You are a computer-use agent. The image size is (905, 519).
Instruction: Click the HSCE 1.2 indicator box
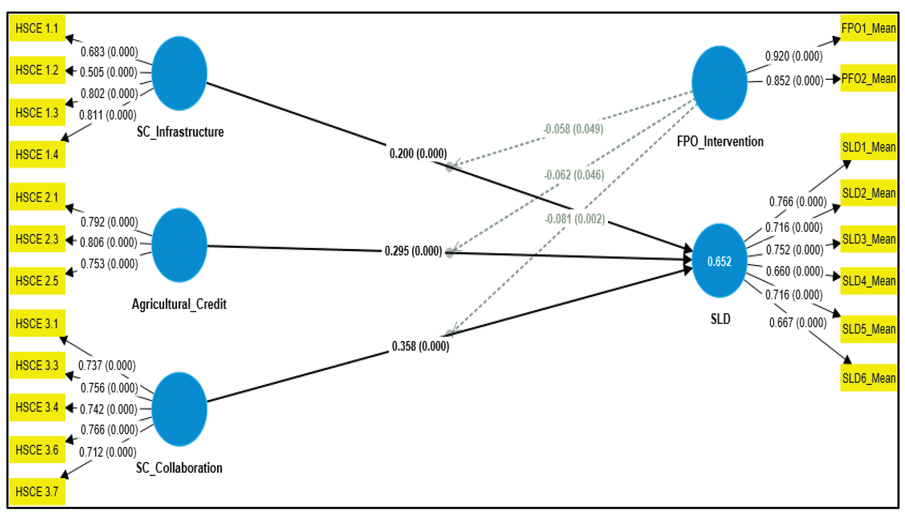click(x=37, y=70)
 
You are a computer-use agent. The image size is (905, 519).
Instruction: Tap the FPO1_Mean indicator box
click(x=868, y=28)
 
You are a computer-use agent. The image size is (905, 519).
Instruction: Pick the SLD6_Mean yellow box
click(x=868, y=378)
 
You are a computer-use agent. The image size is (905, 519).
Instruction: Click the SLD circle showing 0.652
click(x=719, y=261)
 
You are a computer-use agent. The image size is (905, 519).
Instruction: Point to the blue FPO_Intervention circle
click(x=719, y=83)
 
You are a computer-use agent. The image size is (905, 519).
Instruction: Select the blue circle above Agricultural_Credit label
click(x=179, y=245)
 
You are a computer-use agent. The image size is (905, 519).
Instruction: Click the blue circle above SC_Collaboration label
click(x=179, y=409)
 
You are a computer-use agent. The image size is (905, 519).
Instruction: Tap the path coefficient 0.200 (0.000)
click(x=418, y=154)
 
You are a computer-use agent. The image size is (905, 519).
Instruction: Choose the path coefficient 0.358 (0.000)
click(x=420, y=346)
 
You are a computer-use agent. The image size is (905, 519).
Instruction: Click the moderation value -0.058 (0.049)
click(x=573, y=129)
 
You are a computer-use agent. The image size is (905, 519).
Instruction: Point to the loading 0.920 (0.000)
click(x=794, y=56)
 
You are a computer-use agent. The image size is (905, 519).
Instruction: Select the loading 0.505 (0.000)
click(x=109, y=72)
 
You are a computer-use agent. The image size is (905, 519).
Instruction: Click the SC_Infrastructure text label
click(x=180, y=132)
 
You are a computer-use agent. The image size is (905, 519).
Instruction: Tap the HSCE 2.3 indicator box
click(x=37, y=239)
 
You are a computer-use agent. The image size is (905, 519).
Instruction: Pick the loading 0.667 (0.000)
click(x=798, y=323)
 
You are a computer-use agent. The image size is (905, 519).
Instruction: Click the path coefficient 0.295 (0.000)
click(x=413, y=251)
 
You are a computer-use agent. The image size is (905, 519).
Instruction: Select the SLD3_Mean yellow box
click(x=868, y=239)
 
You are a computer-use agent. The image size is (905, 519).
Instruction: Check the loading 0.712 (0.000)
click(x=108, y=452)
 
